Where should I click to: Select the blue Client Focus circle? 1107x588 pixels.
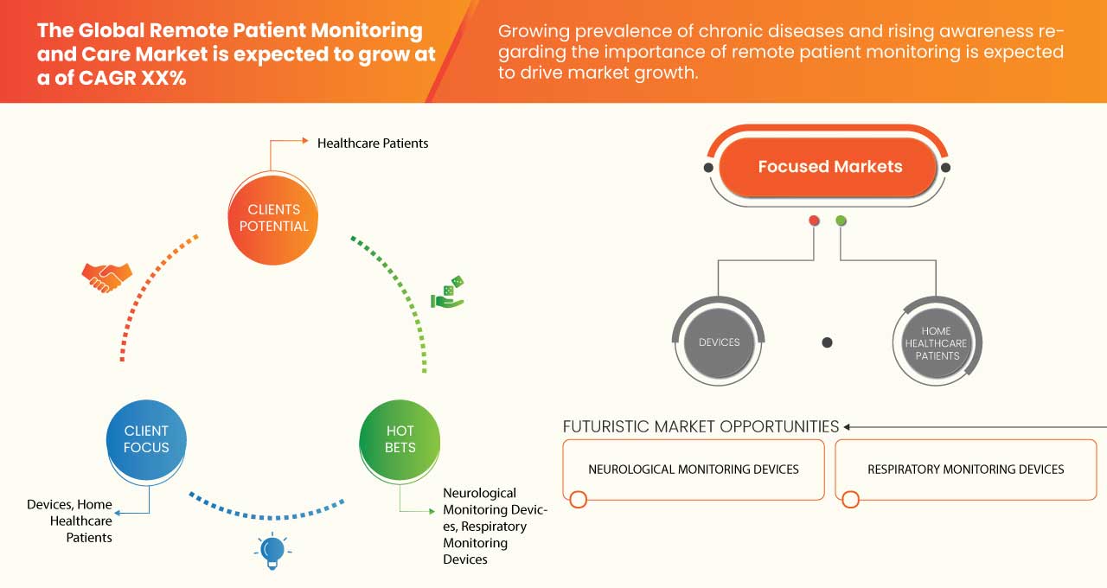pos(146,439)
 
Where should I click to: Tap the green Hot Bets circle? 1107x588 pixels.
pos(400,439)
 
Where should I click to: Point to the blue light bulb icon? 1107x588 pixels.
pos(272,551)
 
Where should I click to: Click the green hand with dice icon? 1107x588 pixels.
pos(448,293)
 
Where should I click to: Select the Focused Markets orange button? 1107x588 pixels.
pos(829,167)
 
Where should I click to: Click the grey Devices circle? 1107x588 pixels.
pos(719,342)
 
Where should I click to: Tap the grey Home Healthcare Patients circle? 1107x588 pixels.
pos(937,342)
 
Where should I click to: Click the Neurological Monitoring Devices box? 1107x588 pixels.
pos(693,470)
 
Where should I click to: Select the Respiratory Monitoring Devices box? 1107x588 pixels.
pos(965,470)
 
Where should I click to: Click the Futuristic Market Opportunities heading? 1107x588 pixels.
pos(701,426)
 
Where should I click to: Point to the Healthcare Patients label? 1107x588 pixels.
pos(373,143)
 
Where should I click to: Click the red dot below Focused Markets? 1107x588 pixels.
pos(814,221)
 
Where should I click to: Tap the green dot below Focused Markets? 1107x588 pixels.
pos(841,221)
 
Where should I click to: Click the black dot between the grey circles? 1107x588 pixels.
pos(827,342)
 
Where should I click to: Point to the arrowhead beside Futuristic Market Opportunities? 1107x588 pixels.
pos(848,426)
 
